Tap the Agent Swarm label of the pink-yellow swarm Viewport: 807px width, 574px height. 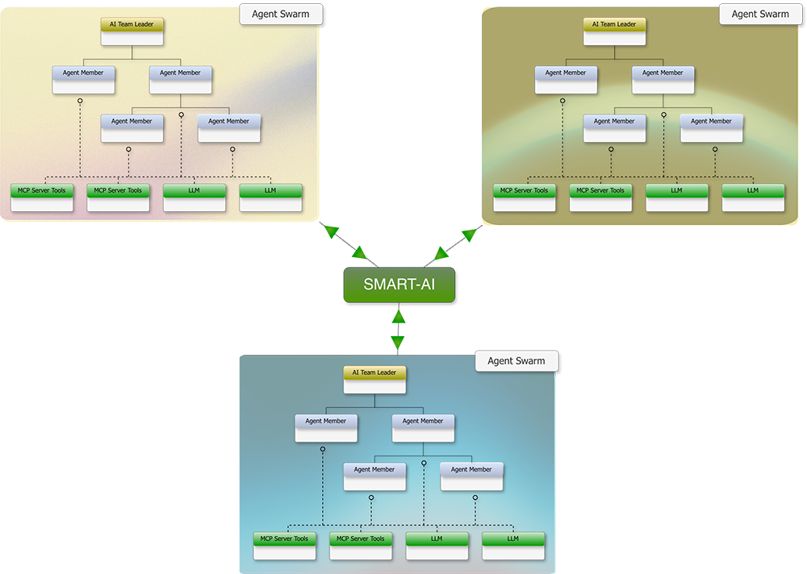click(x=280, y=15)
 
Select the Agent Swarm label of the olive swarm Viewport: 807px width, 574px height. click(x=760, y=15)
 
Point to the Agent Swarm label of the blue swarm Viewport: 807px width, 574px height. click(x=516, y=361)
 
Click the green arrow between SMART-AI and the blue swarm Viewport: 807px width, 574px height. click(x=398, y=330)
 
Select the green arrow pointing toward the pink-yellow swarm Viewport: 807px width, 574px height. click(x=347, y=234)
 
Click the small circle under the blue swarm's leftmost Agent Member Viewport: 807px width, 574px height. click(x=323, y=448)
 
